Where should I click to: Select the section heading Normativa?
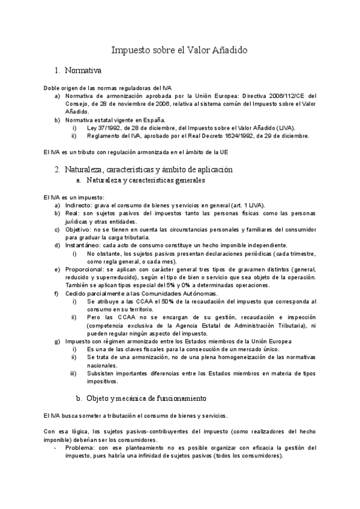pos(83,71)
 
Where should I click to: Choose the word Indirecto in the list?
pos(78,205)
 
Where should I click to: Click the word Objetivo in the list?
pos(77,229)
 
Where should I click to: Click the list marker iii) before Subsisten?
pos(73,373)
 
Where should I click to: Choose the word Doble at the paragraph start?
pos(52,88)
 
